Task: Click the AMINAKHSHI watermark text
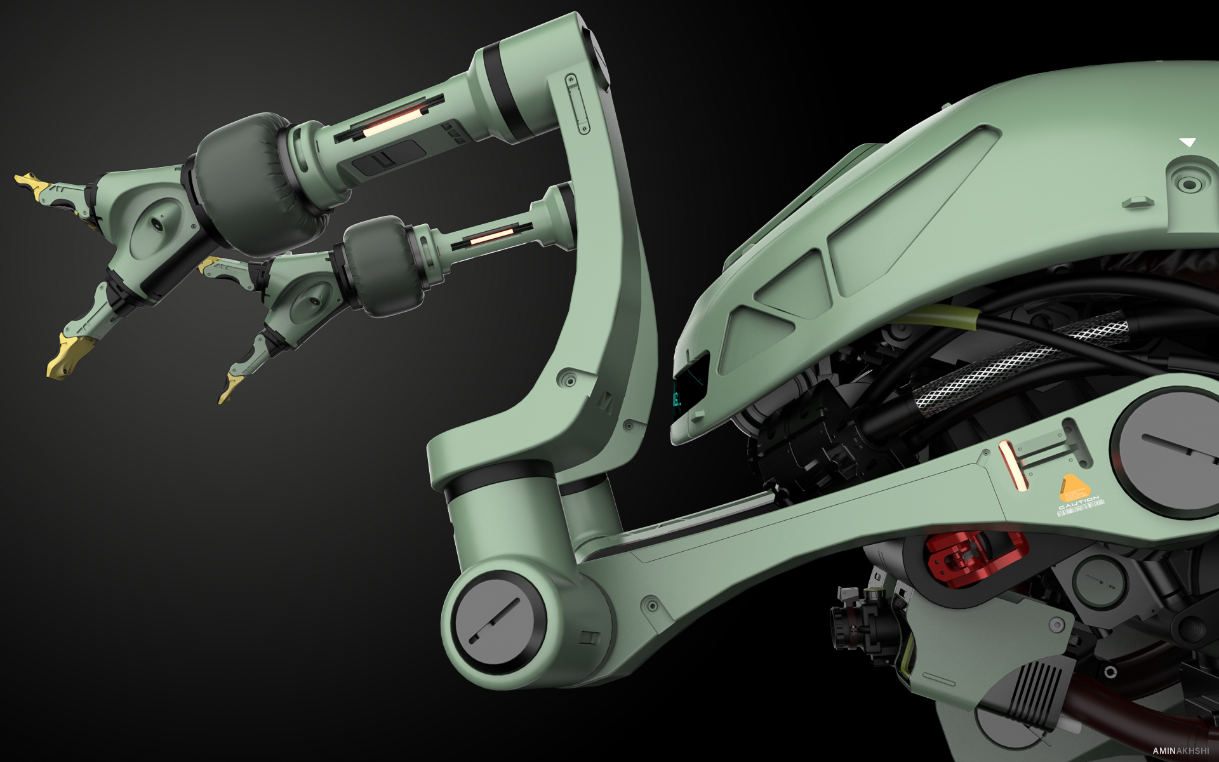[1180, 751]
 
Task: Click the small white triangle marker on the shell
[1187, 142]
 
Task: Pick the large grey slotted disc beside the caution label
[1168, 451]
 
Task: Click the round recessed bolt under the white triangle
[1189, 184]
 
